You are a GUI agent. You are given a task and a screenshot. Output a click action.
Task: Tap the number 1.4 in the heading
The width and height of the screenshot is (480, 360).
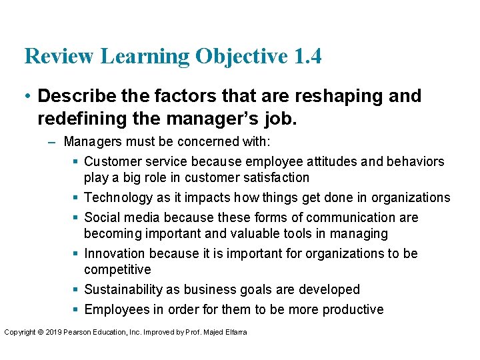(x=307, y=56)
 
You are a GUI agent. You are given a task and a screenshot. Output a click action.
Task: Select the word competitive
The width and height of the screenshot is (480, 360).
(x=117, y=269)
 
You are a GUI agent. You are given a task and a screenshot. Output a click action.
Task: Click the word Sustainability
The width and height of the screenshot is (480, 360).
(x=123, y=289)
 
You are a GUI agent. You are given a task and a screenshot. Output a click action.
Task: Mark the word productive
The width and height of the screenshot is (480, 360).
(x=353, y=309)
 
